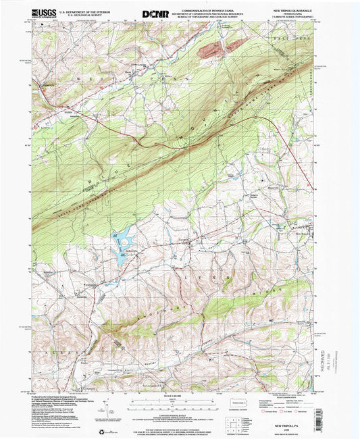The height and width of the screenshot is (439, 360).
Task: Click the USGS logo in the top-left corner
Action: [x=43, y=13]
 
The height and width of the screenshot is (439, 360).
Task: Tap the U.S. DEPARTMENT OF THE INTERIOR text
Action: [x=83, y=11]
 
